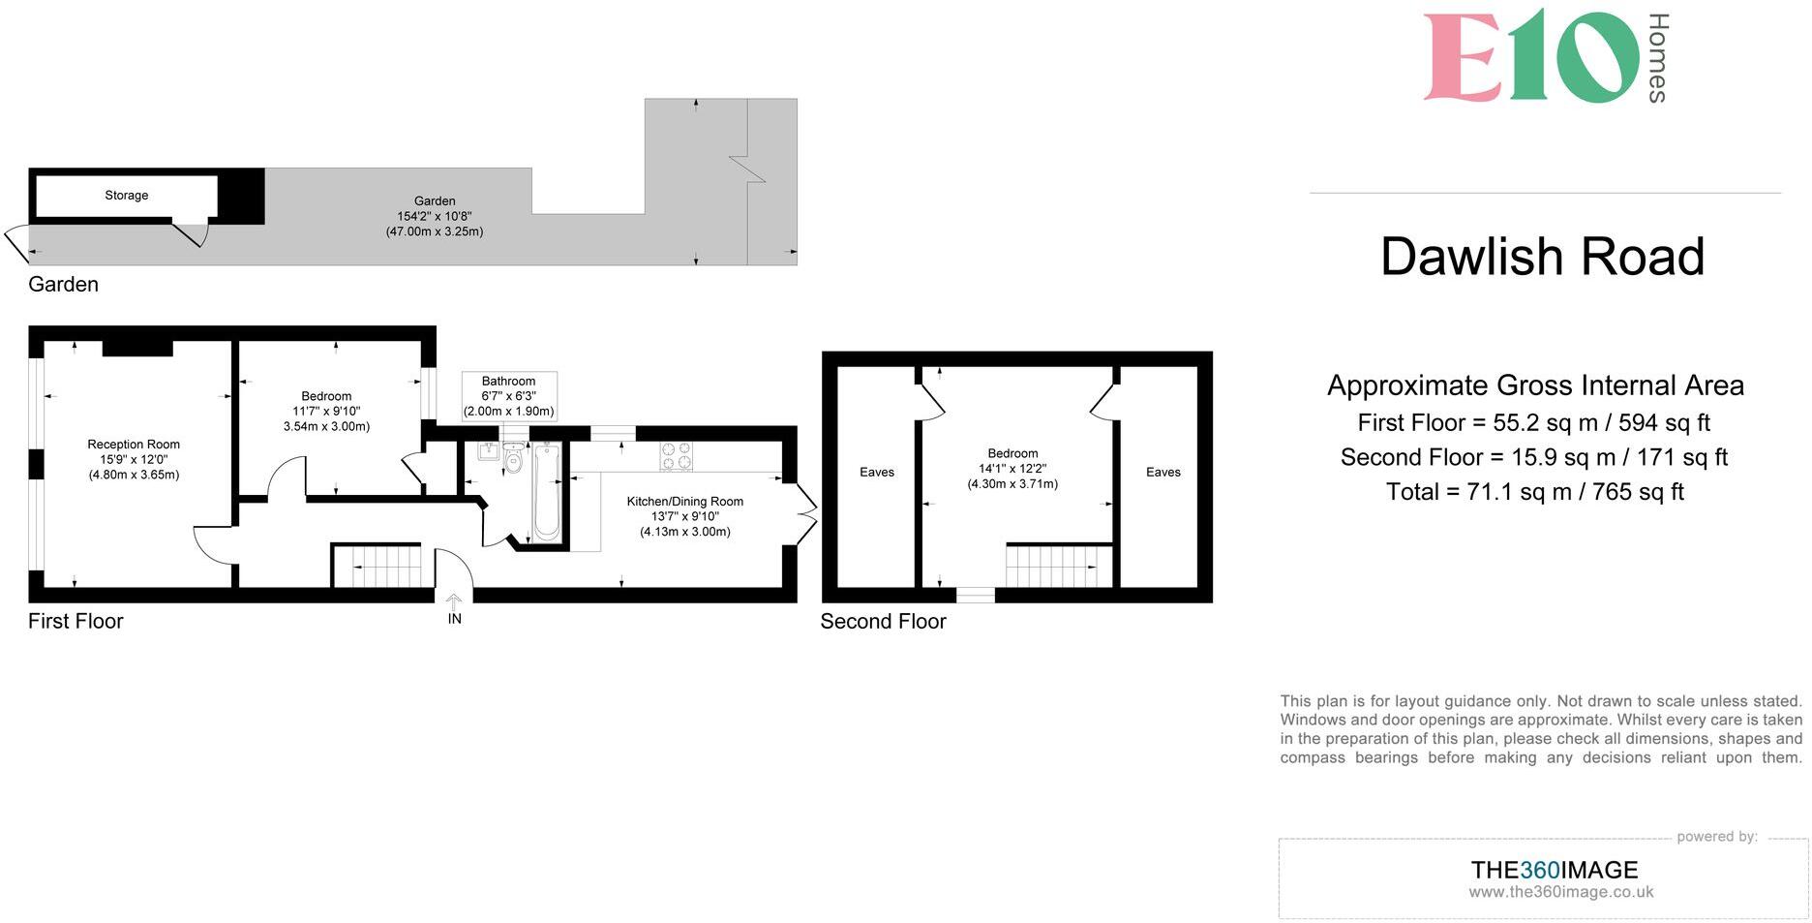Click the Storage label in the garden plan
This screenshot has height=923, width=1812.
[127, 196]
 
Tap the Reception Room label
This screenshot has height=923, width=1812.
[134, 445]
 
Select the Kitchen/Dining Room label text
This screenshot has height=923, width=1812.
[684, 502]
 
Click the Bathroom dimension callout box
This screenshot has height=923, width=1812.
[509, 395]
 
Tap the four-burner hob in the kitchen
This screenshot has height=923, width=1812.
[676, 455]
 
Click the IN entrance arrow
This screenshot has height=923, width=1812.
[454, 611]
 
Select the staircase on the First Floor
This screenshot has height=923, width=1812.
[378, 566]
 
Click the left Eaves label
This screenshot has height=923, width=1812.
[877, 473]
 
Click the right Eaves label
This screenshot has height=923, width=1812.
[1163, 473]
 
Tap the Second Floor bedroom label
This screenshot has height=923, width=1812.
[1012, 453]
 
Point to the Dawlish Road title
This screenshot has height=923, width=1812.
[1542, 257]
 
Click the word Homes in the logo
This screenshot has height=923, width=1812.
[1657, 58]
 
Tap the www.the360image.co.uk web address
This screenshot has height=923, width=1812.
[1560, 893]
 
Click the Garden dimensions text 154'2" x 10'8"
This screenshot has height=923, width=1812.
[435, 217]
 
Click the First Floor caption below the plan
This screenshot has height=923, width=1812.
[75, 622]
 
